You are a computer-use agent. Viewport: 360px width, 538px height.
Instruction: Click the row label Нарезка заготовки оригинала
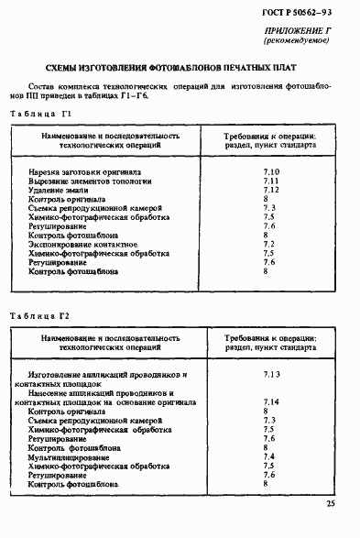click(84, 171)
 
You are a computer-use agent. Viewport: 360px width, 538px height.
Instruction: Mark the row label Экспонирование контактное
click(83, 245)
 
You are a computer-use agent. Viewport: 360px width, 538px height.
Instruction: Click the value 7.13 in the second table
click(270, 375)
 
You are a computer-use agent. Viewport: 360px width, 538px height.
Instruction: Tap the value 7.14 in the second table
click(270, 402)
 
